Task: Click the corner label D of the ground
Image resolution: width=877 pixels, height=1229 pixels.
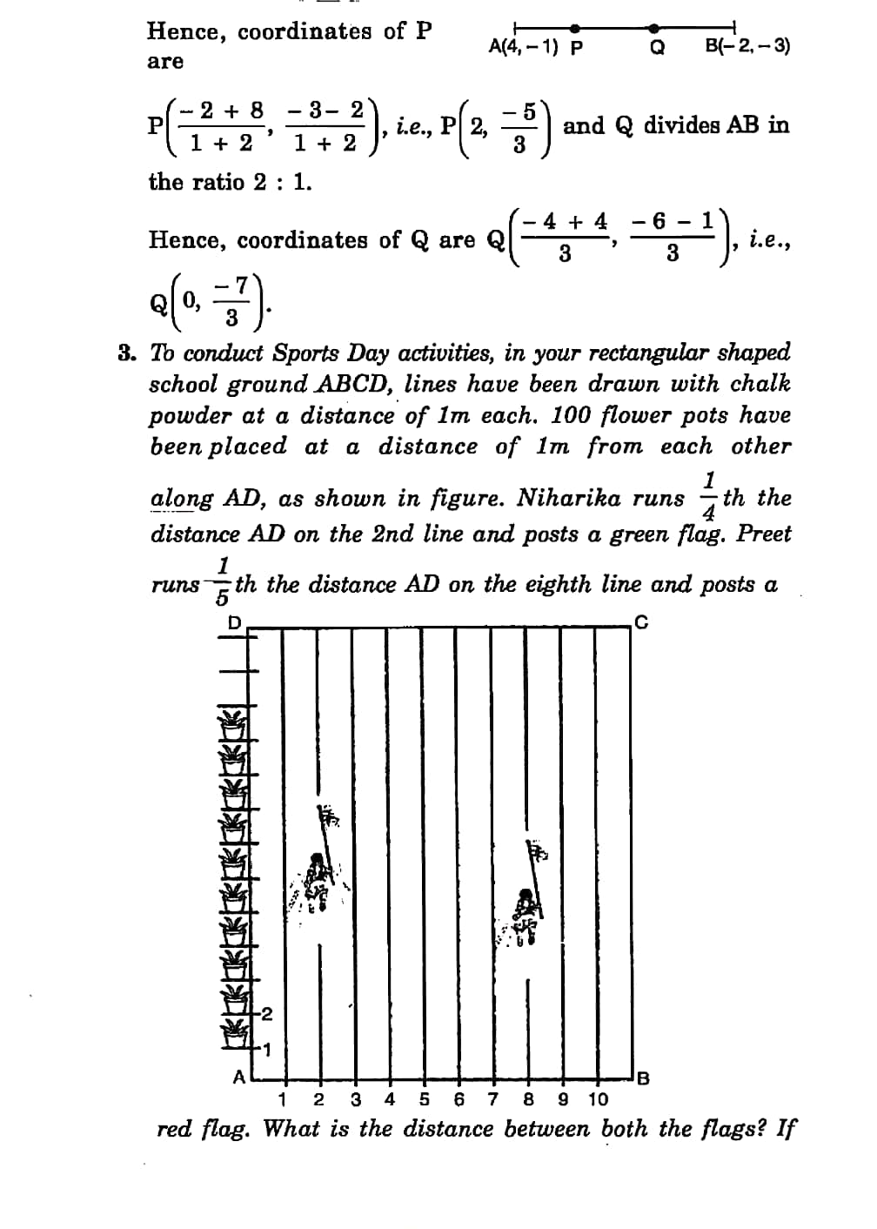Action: coord(232,622)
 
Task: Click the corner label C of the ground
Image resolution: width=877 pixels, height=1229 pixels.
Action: coord(641,622)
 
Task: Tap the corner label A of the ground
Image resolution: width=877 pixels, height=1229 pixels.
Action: coord(238,1076)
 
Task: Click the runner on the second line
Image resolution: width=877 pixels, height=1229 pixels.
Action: coord(319,879)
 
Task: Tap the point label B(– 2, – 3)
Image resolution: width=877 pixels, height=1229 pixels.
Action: coord(747,45)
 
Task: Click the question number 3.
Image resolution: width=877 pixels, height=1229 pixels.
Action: coord(128,353)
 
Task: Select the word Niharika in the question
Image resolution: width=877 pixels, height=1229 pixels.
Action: coord(570,498)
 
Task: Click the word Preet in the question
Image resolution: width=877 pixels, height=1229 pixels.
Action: coord(763,533)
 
